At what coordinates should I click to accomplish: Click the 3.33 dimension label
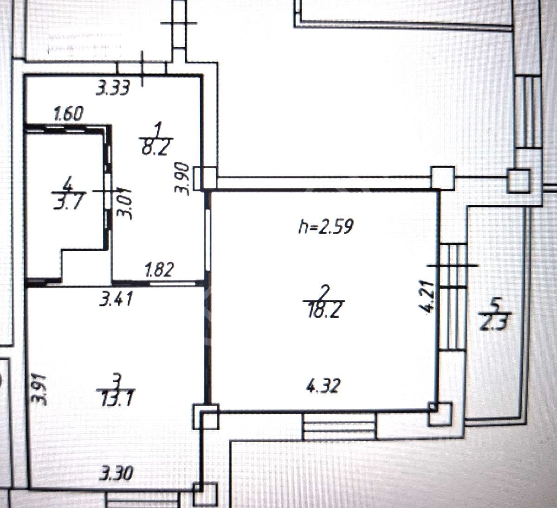click(113, 88)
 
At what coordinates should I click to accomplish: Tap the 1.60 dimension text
click(68, 114)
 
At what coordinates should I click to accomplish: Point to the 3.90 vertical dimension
click(182, 178)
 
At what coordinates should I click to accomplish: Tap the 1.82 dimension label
click(159, 269)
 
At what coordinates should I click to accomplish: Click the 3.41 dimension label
click(116, 298)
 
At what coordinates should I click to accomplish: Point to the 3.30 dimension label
click(117, 474)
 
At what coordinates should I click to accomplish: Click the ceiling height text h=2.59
click(325, 227)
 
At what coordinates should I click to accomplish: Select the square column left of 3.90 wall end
click(207, 178)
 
